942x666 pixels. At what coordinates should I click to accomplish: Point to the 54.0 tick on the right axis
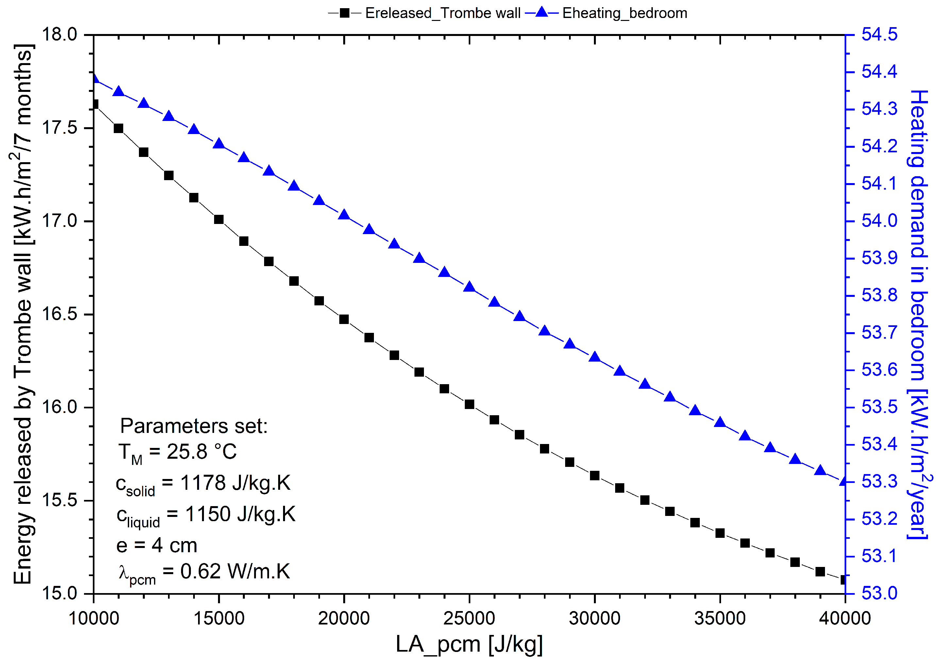[x=879, y=221]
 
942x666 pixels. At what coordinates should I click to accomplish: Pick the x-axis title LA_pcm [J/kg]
[x=469, y=644]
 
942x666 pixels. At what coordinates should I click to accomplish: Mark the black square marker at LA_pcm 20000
[x=344, y=319]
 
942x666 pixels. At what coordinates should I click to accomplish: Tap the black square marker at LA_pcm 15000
[x=219, y=219]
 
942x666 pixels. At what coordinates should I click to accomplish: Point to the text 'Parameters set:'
[x=193, y=426]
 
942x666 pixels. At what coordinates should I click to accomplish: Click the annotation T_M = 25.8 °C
[x=177, y=453]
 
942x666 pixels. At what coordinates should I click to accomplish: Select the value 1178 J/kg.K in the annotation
[x=235, y=483]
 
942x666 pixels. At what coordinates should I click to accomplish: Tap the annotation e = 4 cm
[x=157, y=546]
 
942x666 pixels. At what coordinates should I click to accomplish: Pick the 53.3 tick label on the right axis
[x=879, y=482]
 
